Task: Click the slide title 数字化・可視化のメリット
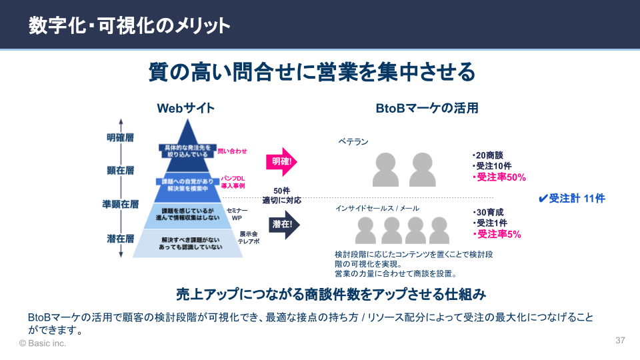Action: [x=129, y=25]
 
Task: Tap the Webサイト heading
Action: [x=185, y=108]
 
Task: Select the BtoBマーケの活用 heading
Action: [x=427, y=108]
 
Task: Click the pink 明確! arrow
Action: [x=282, y=161]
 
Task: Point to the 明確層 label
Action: [x=120, y=138]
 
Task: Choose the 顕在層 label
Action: [x=120, y=170]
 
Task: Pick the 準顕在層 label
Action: [x=120, y=204]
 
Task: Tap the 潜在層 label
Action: [x=120, y=237]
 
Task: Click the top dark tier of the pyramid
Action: [x=186, y=150]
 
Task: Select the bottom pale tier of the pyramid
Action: [x=186, y=243]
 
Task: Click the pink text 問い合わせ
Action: [x=232, y=152]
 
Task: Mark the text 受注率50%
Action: [x=500, y=177]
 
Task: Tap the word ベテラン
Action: [x=353, y=141]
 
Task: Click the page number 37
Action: [x=620, y=340]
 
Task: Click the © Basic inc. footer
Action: [x=43, y=343]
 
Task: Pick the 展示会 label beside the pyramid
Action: [x=249, y=234]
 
